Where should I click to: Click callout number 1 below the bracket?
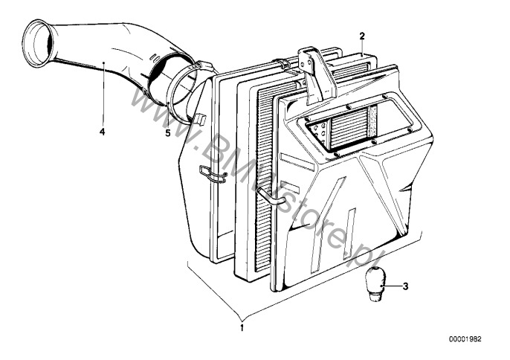(x=242, y=328)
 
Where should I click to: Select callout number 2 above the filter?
(x=362, y=36)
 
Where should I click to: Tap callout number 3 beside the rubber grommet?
(x=405, y=286)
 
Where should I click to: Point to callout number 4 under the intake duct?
(x=103, y=132)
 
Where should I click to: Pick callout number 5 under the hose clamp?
(x=167, y=133)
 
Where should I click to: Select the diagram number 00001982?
(x=465, y=339)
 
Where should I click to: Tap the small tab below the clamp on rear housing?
(x=200, y=119)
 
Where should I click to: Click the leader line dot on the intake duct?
(x=103, y=62)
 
